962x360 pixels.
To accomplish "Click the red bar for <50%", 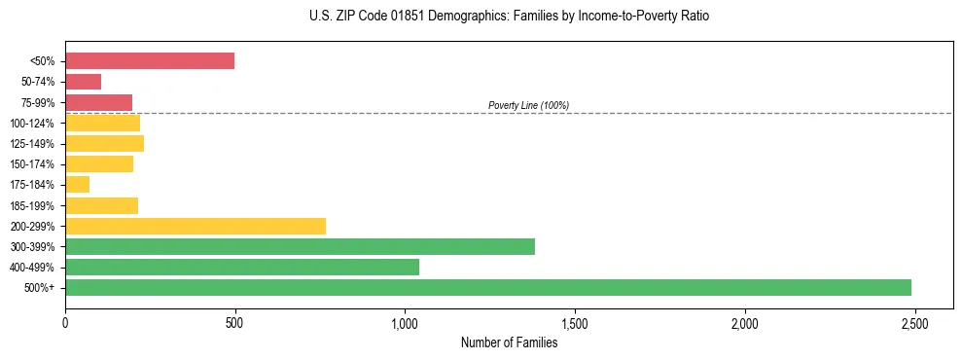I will point(150,61).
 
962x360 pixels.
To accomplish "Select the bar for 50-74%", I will point(84,82).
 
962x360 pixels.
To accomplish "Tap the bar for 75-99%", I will point(98,102).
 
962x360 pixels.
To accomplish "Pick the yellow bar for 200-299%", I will point(196,226).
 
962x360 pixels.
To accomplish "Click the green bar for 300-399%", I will point(300,246).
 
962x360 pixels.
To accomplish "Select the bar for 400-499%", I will point(242,267).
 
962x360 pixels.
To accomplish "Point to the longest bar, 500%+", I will point(488,287).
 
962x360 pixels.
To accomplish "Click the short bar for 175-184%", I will point(78,185).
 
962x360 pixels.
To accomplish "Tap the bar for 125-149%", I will point(105,144).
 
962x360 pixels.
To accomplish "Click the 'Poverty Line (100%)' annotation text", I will point(528,105).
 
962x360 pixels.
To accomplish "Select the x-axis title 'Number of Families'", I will point(509,342).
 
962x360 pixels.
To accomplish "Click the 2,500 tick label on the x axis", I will point(913,321).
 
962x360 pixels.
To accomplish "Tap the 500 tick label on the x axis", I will point(234,321).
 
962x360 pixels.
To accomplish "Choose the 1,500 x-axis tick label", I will point(574,321).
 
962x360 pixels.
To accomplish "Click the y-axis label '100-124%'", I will point(33,124).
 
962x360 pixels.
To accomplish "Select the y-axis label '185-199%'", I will point(33,205).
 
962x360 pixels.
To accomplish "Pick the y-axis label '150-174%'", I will point(33,164).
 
